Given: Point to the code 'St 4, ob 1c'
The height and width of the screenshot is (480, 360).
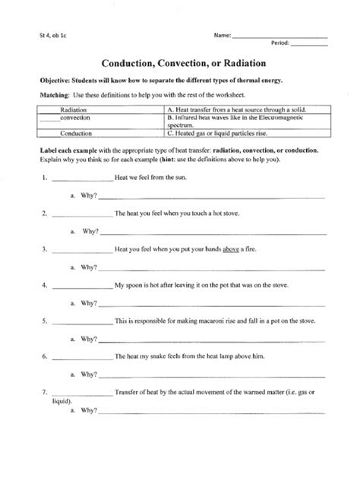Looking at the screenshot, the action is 39,35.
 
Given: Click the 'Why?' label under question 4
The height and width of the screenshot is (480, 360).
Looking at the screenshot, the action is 89,303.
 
